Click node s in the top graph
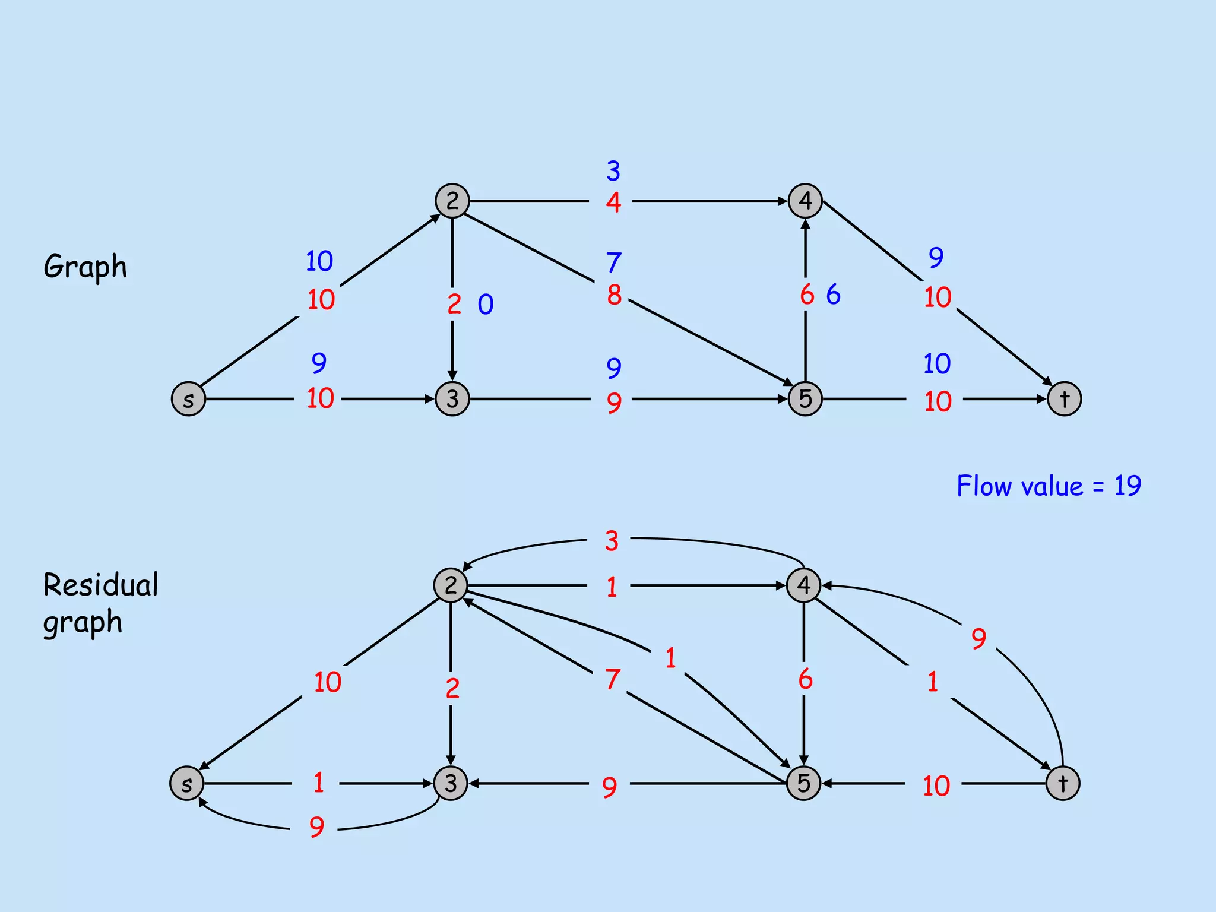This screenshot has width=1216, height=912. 188,399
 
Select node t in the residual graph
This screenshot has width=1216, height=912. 1063,784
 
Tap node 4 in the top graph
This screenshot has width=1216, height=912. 805,201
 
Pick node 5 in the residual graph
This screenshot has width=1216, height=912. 803,783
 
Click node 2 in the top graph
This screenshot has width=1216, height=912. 452,201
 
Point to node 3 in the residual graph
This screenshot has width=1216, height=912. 451,783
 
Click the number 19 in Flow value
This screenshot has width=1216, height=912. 1127,486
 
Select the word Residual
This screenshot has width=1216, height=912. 101,585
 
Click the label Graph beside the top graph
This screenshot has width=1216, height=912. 85,266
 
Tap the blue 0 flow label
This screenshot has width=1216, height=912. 486,305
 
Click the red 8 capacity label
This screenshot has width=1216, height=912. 615,295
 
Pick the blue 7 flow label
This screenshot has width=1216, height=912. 614,262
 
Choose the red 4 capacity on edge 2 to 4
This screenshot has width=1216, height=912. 613,202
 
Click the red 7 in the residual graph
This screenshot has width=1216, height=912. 613,679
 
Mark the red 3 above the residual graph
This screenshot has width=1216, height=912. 612,541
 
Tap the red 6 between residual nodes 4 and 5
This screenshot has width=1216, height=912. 805,679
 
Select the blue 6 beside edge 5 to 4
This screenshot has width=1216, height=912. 834,294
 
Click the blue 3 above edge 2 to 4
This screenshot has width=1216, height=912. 613,171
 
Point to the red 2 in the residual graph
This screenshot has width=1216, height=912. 452,688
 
